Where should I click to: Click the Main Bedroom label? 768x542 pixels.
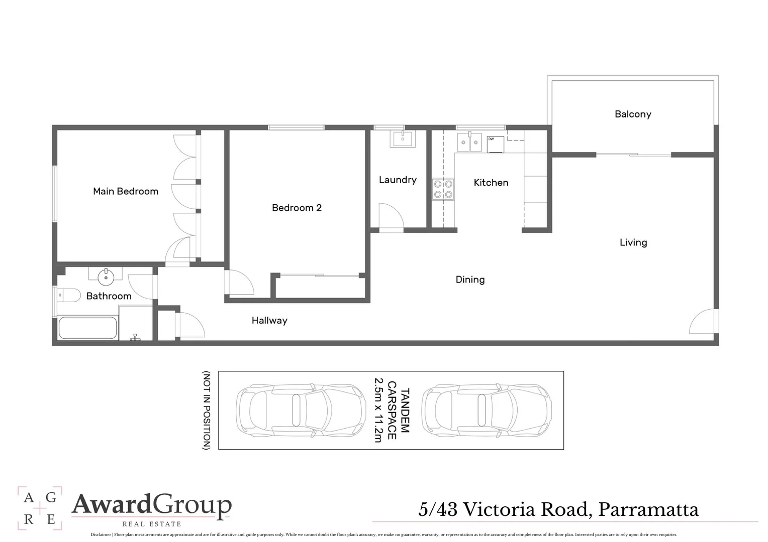click(126, 191)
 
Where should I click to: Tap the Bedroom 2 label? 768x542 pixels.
click(297, 208)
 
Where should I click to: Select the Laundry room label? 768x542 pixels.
click(398, 180)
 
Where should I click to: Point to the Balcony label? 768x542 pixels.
click(633, 114)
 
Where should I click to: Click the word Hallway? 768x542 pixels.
click(269, 320)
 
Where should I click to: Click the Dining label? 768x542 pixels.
click(470, 280)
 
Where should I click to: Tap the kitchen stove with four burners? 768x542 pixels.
click(443, 189)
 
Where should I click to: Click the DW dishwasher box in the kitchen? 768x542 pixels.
click(495, 144)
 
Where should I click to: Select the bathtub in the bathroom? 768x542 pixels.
click(88, 328)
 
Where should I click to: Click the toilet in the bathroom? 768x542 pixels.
click(68, 295)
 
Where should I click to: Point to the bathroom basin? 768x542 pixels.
click(106, 275)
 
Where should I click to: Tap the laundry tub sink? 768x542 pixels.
click(403, 139)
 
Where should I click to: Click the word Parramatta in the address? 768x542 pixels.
click(649, 510)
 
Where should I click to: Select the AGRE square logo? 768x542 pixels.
click(40, 508)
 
